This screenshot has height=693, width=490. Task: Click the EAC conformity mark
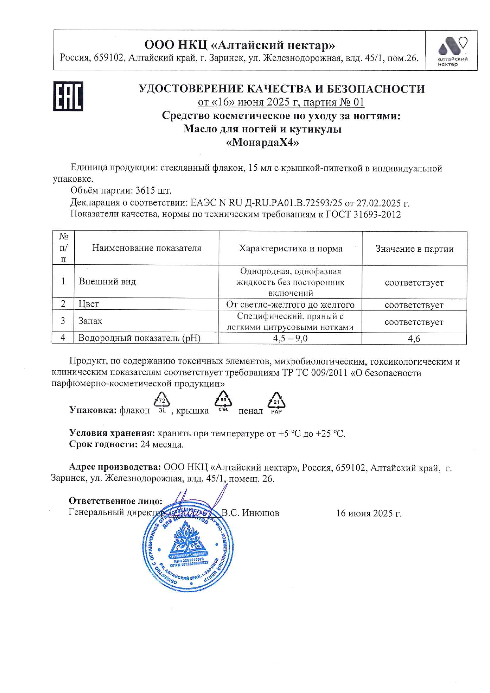[68, 96]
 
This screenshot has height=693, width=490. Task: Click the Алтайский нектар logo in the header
[452, 51]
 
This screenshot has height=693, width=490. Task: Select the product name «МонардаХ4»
[262, 142]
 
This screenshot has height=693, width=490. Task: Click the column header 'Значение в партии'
[414, 249]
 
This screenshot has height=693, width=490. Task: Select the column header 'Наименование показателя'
[147, 248]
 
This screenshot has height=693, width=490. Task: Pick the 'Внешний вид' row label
[107, 282]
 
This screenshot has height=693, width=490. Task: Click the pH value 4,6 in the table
[414, 339]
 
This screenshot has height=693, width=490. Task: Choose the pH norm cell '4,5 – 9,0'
[290, 338]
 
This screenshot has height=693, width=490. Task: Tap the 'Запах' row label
[90, 321]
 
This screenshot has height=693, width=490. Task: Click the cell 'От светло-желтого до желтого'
[290, 305]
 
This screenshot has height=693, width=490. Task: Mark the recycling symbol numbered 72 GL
[162, 403]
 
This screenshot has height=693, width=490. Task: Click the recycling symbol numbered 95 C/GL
[223, 401]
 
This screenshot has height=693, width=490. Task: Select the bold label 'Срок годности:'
[103, 444]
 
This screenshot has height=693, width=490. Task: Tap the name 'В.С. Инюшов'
[250, 513]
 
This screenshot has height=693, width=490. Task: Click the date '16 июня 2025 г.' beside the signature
[368, 513]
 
